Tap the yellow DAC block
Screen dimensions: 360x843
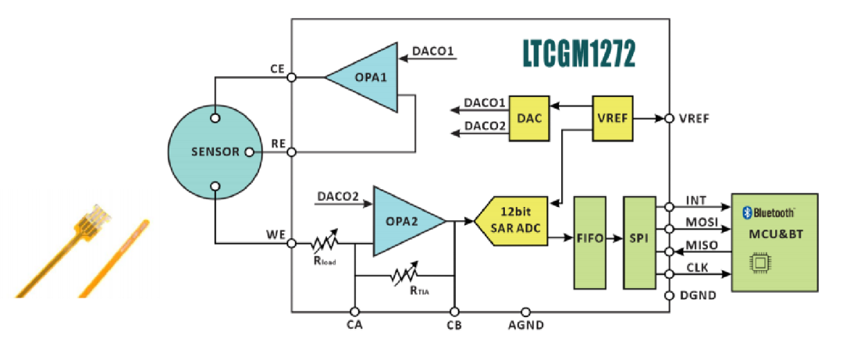(x=529, y=119)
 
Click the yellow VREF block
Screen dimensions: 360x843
(x=612, y=119)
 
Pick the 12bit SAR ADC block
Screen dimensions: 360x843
(x=516, y=221)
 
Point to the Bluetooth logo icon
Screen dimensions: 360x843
(x=746, y=212)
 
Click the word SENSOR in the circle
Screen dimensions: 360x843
(x=215, y=151)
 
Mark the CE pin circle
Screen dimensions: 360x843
(x=291, y=77)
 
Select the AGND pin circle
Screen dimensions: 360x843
(x=526, y=311)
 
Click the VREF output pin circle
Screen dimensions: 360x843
(x=670, y=119)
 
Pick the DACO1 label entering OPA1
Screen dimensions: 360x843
(x=433, y=53)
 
